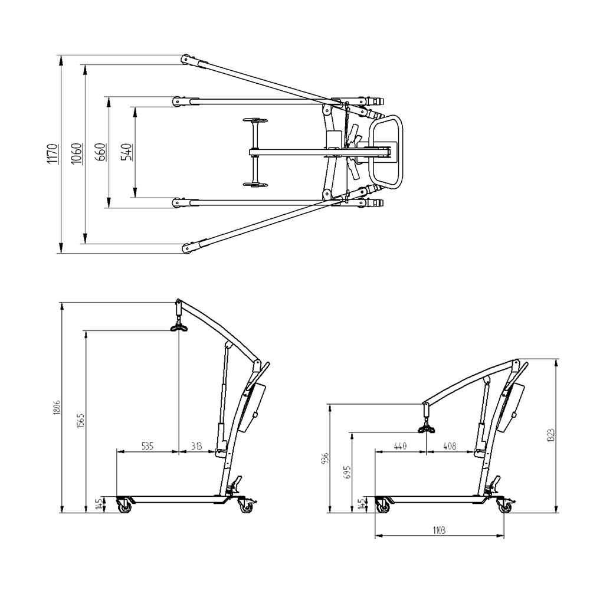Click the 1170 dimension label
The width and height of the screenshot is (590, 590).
[x=53, y=153]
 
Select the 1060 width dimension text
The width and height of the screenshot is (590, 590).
[x=76, y=153]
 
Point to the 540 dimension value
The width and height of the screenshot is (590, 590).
[x=126, y=152]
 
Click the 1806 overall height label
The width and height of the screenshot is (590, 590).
[x=57, y=408]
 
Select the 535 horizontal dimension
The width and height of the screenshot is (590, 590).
[x=147, y=447]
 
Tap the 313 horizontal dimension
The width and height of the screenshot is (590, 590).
[x=196, y=447]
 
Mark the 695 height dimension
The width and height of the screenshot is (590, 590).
[x=348, y=473]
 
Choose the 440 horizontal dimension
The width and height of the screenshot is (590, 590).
[x=400, y=447]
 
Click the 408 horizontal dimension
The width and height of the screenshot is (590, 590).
[x=450, y=447]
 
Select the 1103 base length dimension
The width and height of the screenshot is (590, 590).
[x=438, y=530]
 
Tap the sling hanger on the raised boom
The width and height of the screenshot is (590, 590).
[x=179, y=325]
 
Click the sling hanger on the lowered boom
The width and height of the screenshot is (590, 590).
[x=426, y=427]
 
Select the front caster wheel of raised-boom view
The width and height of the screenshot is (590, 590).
[x=124, y=506]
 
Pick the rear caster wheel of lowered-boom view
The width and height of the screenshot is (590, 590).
[x=506, y=506]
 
